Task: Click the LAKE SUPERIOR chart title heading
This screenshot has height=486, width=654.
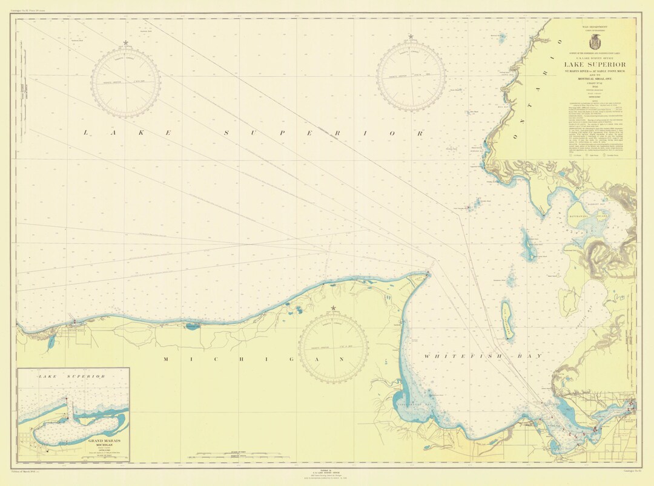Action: (595, 65)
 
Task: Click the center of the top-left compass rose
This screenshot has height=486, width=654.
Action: (125, 82)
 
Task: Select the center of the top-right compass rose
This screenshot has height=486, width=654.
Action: (411, 76)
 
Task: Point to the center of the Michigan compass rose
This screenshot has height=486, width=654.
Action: (333, 348)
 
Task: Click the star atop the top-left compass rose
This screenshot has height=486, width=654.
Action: (125, 43)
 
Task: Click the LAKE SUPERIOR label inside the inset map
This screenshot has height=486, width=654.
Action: (71, 376)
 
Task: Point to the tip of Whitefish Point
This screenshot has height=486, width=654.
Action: (428, 273)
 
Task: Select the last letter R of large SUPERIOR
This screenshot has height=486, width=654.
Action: (420, 132)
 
